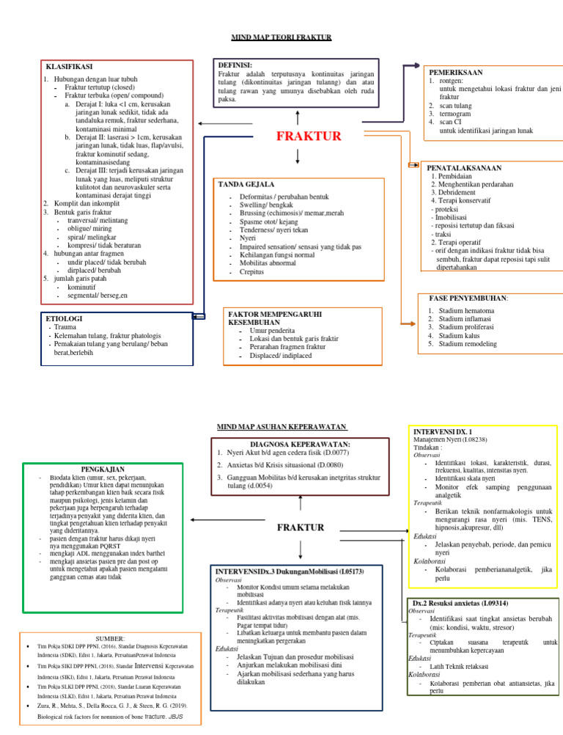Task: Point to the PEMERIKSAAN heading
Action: click(456, 73)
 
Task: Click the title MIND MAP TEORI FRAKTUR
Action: click(281, 37)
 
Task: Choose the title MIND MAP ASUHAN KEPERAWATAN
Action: click(282, 427)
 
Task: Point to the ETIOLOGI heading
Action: click(64, 318)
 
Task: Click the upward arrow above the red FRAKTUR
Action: click(298, 118)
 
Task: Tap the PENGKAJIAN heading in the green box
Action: click(102, 469)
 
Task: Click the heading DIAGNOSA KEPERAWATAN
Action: click(300, 445)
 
